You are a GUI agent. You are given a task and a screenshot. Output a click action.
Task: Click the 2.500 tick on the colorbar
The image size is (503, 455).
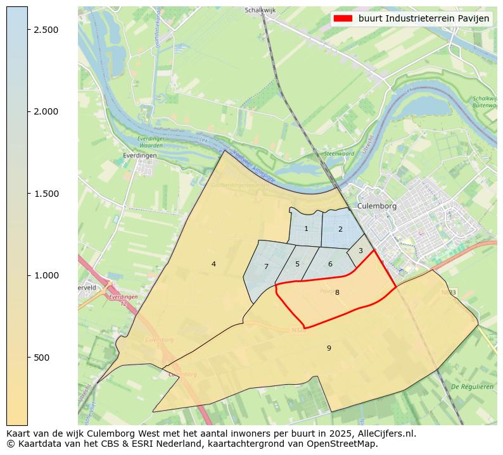46,30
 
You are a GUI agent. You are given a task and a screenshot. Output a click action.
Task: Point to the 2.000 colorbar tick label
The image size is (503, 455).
46,111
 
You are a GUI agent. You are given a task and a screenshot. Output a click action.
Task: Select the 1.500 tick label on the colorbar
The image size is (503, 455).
46,194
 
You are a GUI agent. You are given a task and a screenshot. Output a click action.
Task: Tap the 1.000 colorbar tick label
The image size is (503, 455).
46,275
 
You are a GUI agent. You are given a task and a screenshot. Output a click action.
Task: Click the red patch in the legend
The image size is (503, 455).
342,18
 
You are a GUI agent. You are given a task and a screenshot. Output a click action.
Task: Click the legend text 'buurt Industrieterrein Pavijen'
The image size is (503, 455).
424,18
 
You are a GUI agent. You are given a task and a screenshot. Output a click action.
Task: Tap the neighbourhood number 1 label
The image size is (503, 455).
306,229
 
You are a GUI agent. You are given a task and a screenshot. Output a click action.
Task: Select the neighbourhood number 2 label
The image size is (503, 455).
340,229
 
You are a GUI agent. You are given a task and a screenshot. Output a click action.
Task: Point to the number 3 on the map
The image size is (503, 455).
360,251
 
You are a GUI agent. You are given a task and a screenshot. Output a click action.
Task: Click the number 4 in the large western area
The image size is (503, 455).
213,264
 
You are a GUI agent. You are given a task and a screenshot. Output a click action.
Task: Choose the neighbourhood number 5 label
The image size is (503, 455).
297,264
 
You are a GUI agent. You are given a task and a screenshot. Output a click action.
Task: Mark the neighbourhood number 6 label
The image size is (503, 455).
330,264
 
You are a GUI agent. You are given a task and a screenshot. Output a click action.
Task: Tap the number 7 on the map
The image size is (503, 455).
266,266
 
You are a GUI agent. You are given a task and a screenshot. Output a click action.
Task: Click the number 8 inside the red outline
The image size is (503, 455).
337,292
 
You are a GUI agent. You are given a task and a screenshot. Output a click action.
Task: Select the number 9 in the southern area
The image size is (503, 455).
329,348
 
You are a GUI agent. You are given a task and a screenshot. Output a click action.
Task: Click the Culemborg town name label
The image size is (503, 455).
376,206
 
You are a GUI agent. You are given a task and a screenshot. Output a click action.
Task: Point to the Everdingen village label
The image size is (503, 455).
140,154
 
